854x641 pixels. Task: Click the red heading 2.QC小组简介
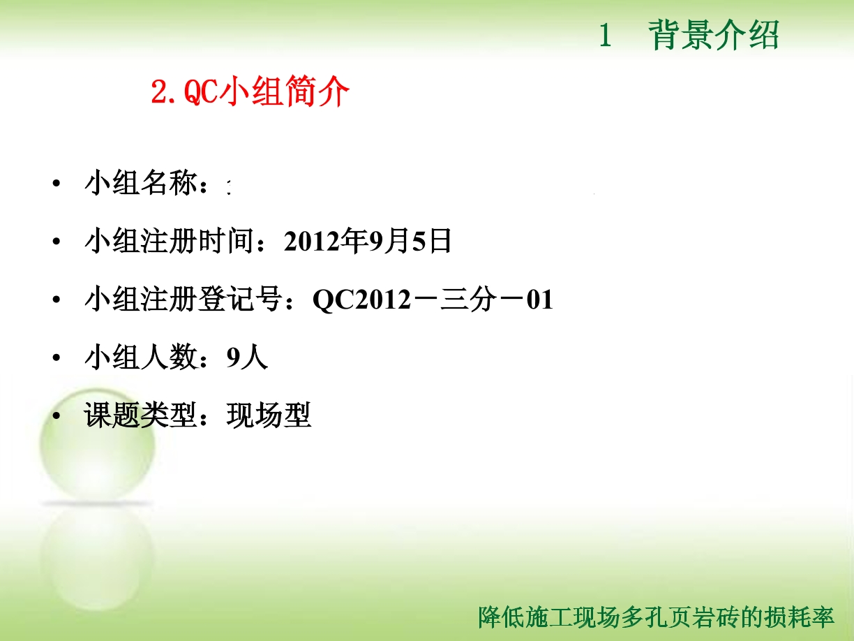250,91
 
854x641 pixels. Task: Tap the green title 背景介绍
714,35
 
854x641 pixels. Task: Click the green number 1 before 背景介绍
605,35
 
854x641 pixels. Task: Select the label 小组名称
141,182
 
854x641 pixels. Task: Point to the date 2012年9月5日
368,241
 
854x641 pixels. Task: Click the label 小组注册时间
170,241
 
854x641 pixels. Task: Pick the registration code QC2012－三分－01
433,300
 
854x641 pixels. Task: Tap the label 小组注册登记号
183,299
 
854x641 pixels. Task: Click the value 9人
247,358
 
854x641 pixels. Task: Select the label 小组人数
141,357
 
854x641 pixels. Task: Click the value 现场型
269,415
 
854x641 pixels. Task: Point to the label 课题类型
141,415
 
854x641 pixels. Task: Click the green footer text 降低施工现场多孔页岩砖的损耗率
656,617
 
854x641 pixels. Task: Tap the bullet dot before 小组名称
57,184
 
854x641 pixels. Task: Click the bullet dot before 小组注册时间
57,242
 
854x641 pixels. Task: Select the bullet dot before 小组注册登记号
57,300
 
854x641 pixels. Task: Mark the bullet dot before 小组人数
57,358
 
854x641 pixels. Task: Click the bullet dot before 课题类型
57,415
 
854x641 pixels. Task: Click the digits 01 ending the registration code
540,300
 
